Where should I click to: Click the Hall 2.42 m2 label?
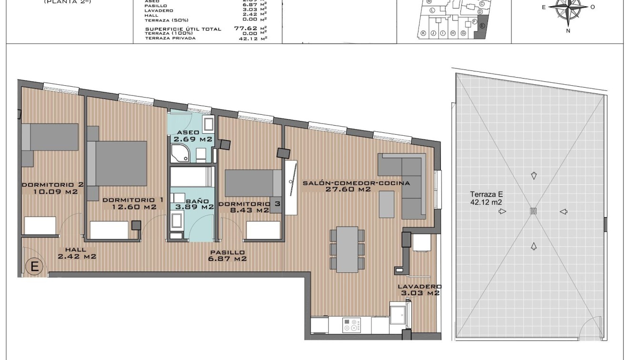click(x=77, y=253)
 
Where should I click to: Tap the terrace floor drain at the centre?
click(x=533, y=211)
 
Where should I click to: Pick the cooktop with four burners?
click(x=353, y=325)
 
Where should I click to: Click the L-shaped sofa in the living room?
click(x=405, y=181)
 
